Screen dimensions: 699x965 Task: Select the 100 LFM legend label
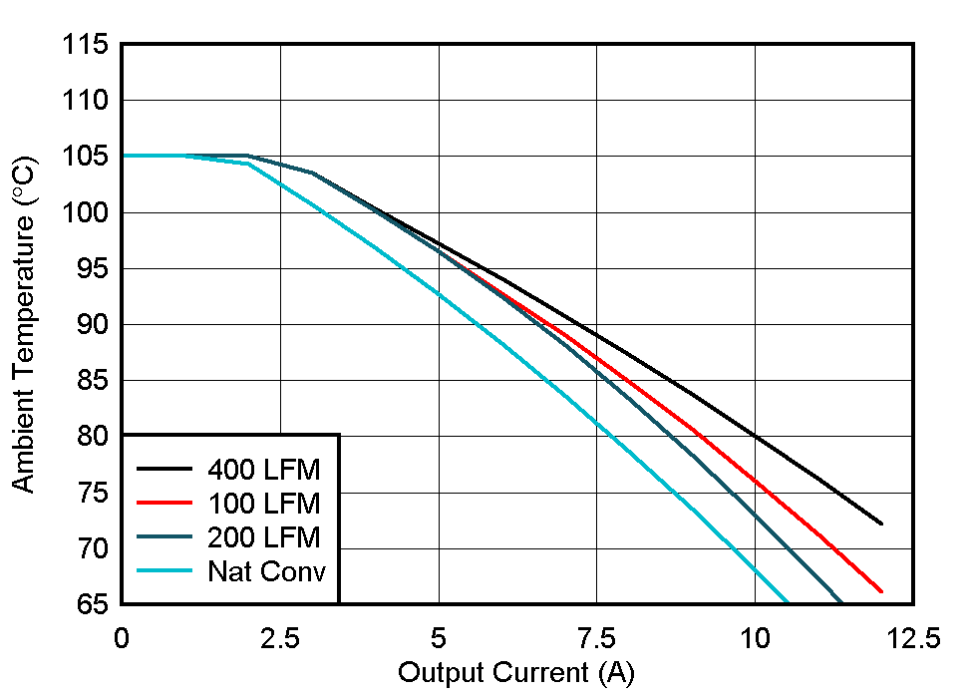point(264,503)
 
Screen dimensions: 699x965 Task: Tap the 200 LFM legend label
point(264,537)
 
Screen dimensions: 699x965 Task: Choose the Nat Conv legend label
point(266,571)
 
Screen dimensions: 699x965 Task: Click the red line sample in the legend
point(164,503)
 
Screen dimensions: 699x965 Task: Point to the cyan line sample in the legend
point(164,571)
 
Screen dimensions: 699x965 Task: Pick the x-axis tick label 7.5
point(596,639)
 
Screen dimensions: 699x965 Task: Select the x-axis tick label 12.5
point(912,639)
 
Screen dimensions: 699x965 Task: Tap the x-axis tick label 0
point(122,639)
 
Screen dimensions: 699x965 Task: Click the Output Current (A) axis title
point(516,673)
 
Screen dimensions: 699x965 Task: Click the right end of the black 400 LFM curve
point(881,524)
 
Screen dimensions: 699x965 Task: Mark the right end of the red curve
point(881,591)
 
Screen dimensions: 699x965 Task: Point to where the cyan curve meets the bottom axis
point(788,602)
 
